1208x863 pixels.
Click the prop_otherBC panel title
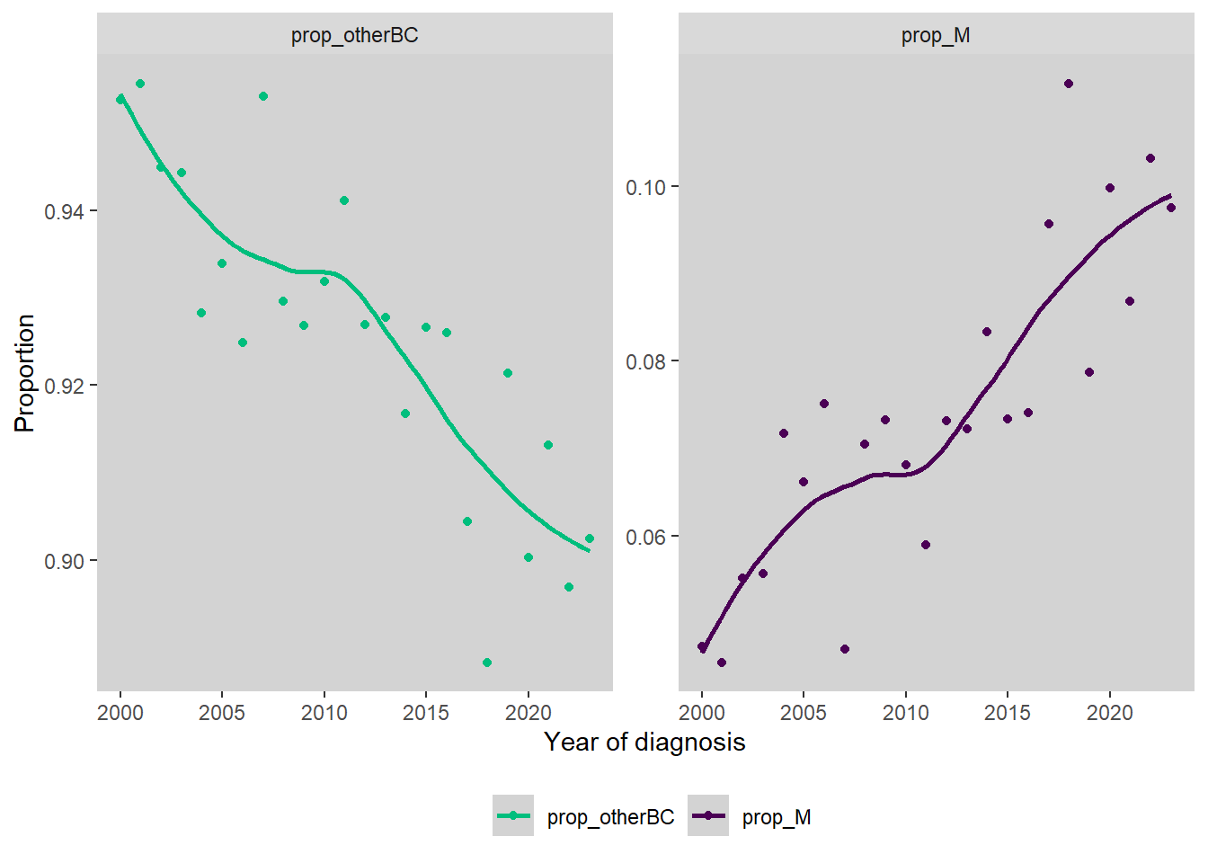(x=354, y=36)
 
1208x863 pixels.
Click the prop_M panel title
(x=936, y=36)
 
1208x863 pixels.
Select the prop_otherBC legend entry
(x=584, y=816)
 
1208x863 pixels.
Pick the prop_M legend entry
(x=751, y=816)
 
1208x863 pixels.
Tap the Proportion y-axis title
(x=25, y=372)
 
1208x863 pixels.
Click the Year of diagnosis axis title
(x=644, y=743)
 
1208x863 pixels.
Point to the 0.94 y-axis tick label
(x=65, y=211)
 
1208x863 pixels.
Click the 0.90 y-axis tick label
(x=65, y=561)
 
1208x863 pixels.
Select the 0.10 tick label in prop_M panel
(x=646, y=187)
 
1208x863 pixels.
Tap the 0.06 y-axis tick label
(x=646, y=537)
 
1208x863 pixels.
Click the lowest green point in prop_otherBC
(x=487, y=663)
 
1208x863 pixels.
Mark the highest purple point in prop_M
(x=1069, y=84)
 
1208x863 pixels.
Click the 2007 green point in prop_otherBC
(x=263, y=96)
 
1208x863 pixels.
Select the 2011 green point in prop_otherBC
(x=344, y=200)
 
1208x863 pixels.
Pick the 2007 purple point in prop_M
(x=845, y=649)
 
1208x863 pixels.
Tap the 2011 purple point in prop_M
(x=926, y=545)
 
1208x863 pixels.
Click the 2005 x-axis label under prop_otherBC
(x=222, y=713)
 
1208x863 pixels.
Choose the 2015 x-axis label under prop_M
(x=1008, y=713)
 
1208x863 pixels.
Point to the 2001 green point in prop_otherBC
(x=140, y=84)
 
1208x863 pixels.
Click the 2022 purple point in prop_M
(x=1150, y=158)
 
